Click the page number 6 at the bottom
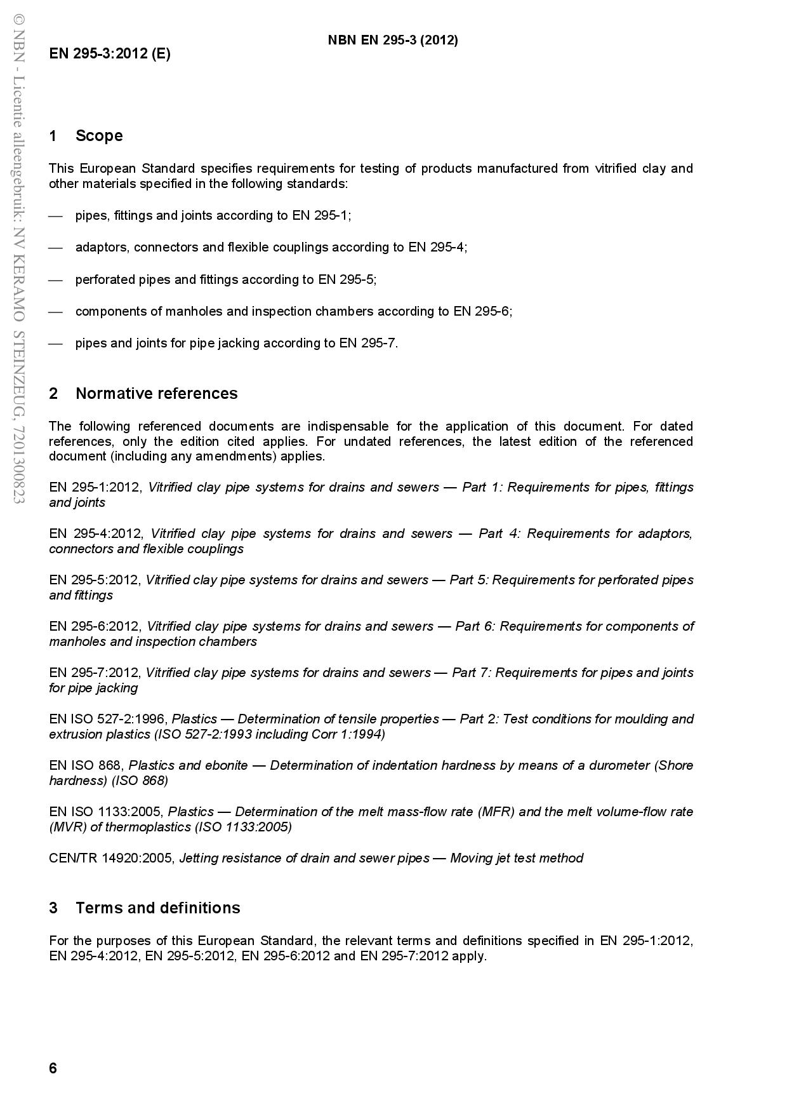click(x=53, y=1068)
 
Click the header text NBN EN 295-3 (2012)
click(x=392, y=40)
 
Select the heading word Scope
click(x=99, y=136)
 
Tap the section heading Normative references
click(x=156, y=394)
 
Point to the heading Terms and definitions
click(x=157, y=908)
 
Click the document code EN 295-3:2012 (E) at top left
click(x=110, y=53)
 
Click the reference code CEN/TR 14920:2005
click(x=111, y=858)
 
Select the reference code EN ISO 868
click(x=86, y=765)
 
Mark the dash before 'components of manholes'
click(x=56, y=311)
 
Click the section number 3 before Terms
click(x=53, y=908)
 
